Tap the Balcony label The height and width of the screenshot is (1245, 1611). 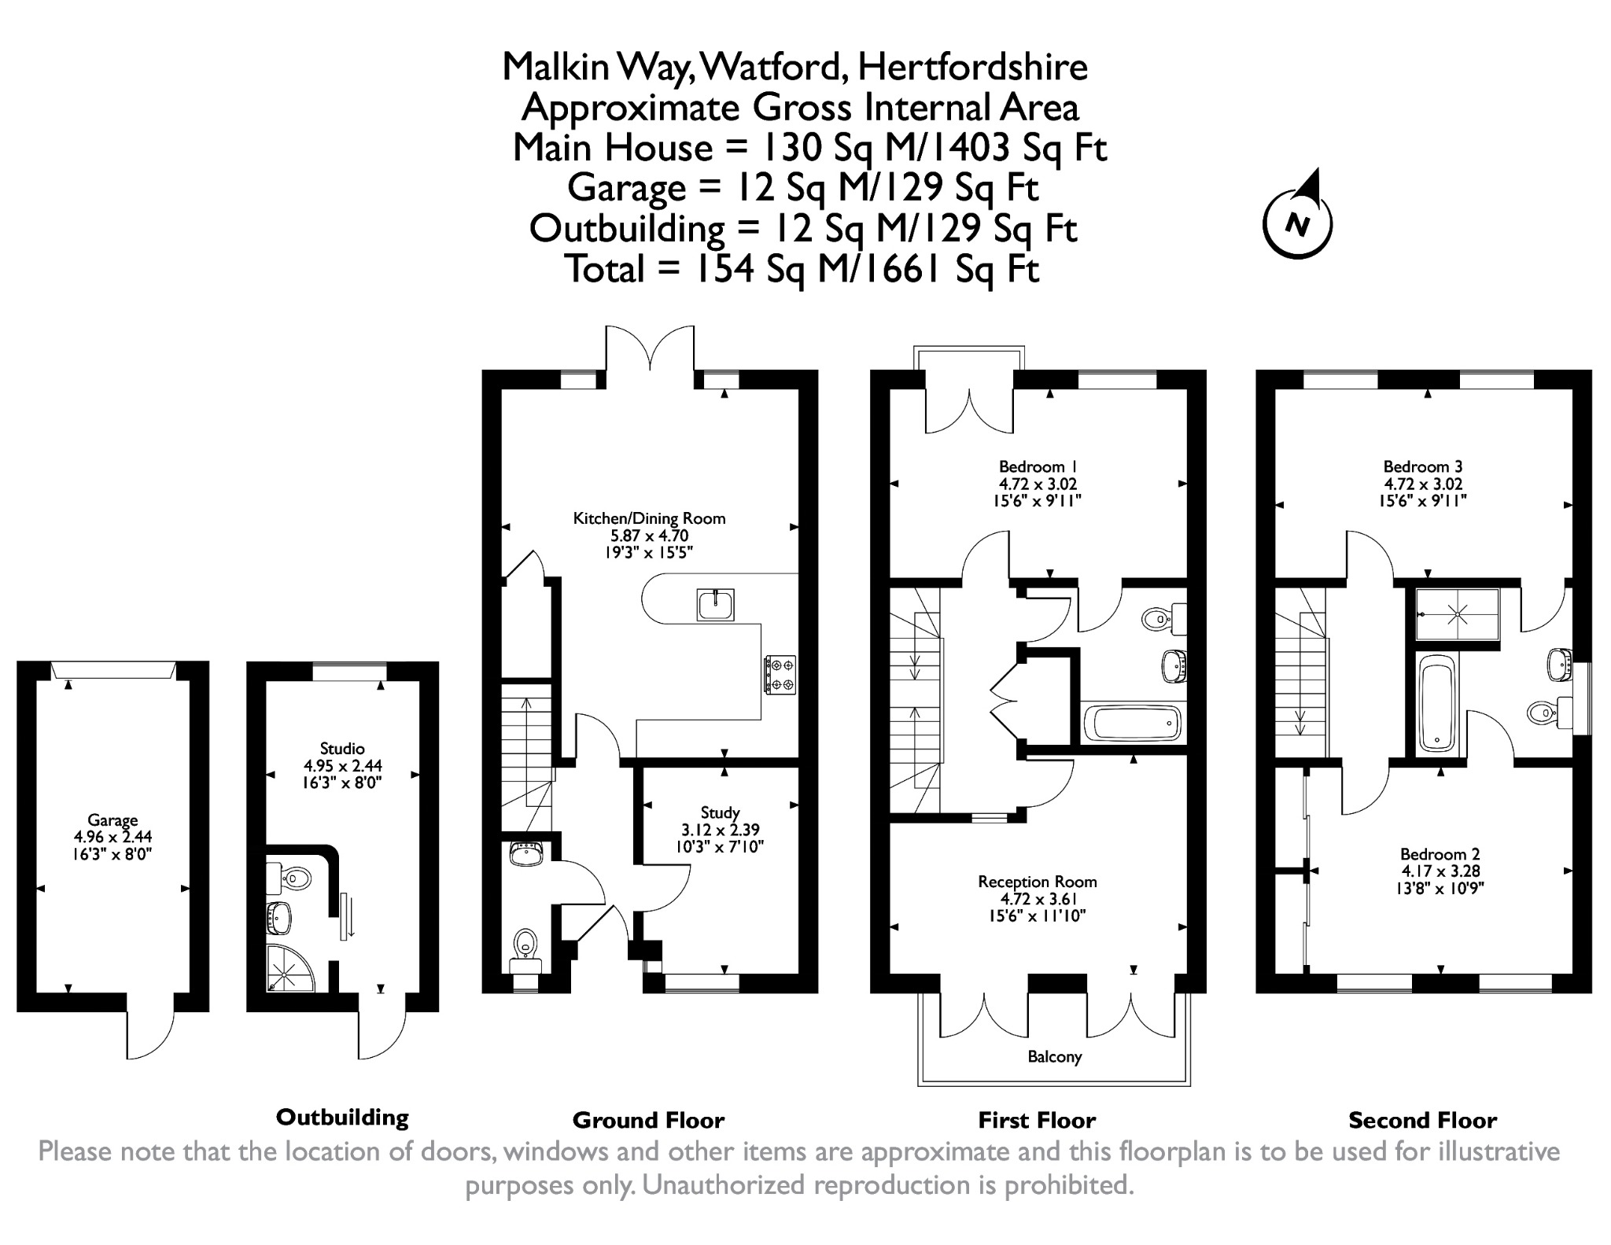pos(1054,1057)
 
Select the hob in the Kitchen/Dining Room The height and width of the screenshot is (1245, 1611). pos(779,675)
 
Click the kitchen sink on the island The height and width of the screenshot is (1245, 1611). pos(715,605)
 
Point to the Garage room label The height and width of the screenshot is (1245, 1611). pos(112,820)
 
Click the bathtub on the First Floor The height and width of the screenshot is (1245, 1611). pos(1132,723)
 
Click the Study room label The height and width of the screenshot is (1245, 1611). pos(720,812)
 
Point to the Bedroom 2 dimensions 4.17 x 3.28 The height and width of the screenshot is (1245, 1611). pos(1440,871)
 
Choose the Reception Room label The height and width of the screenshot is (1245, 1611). pos(1038,882)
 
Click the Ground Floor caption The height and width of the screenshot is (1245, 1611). pos(648,1120)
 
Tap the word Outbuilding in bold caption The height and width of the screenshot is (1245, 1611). pos(342,1118)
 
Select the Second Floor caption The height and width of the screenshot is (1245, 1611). pos(1422,1120)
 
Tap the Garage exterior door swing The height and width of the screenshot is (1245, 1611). pos(149,1034)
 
